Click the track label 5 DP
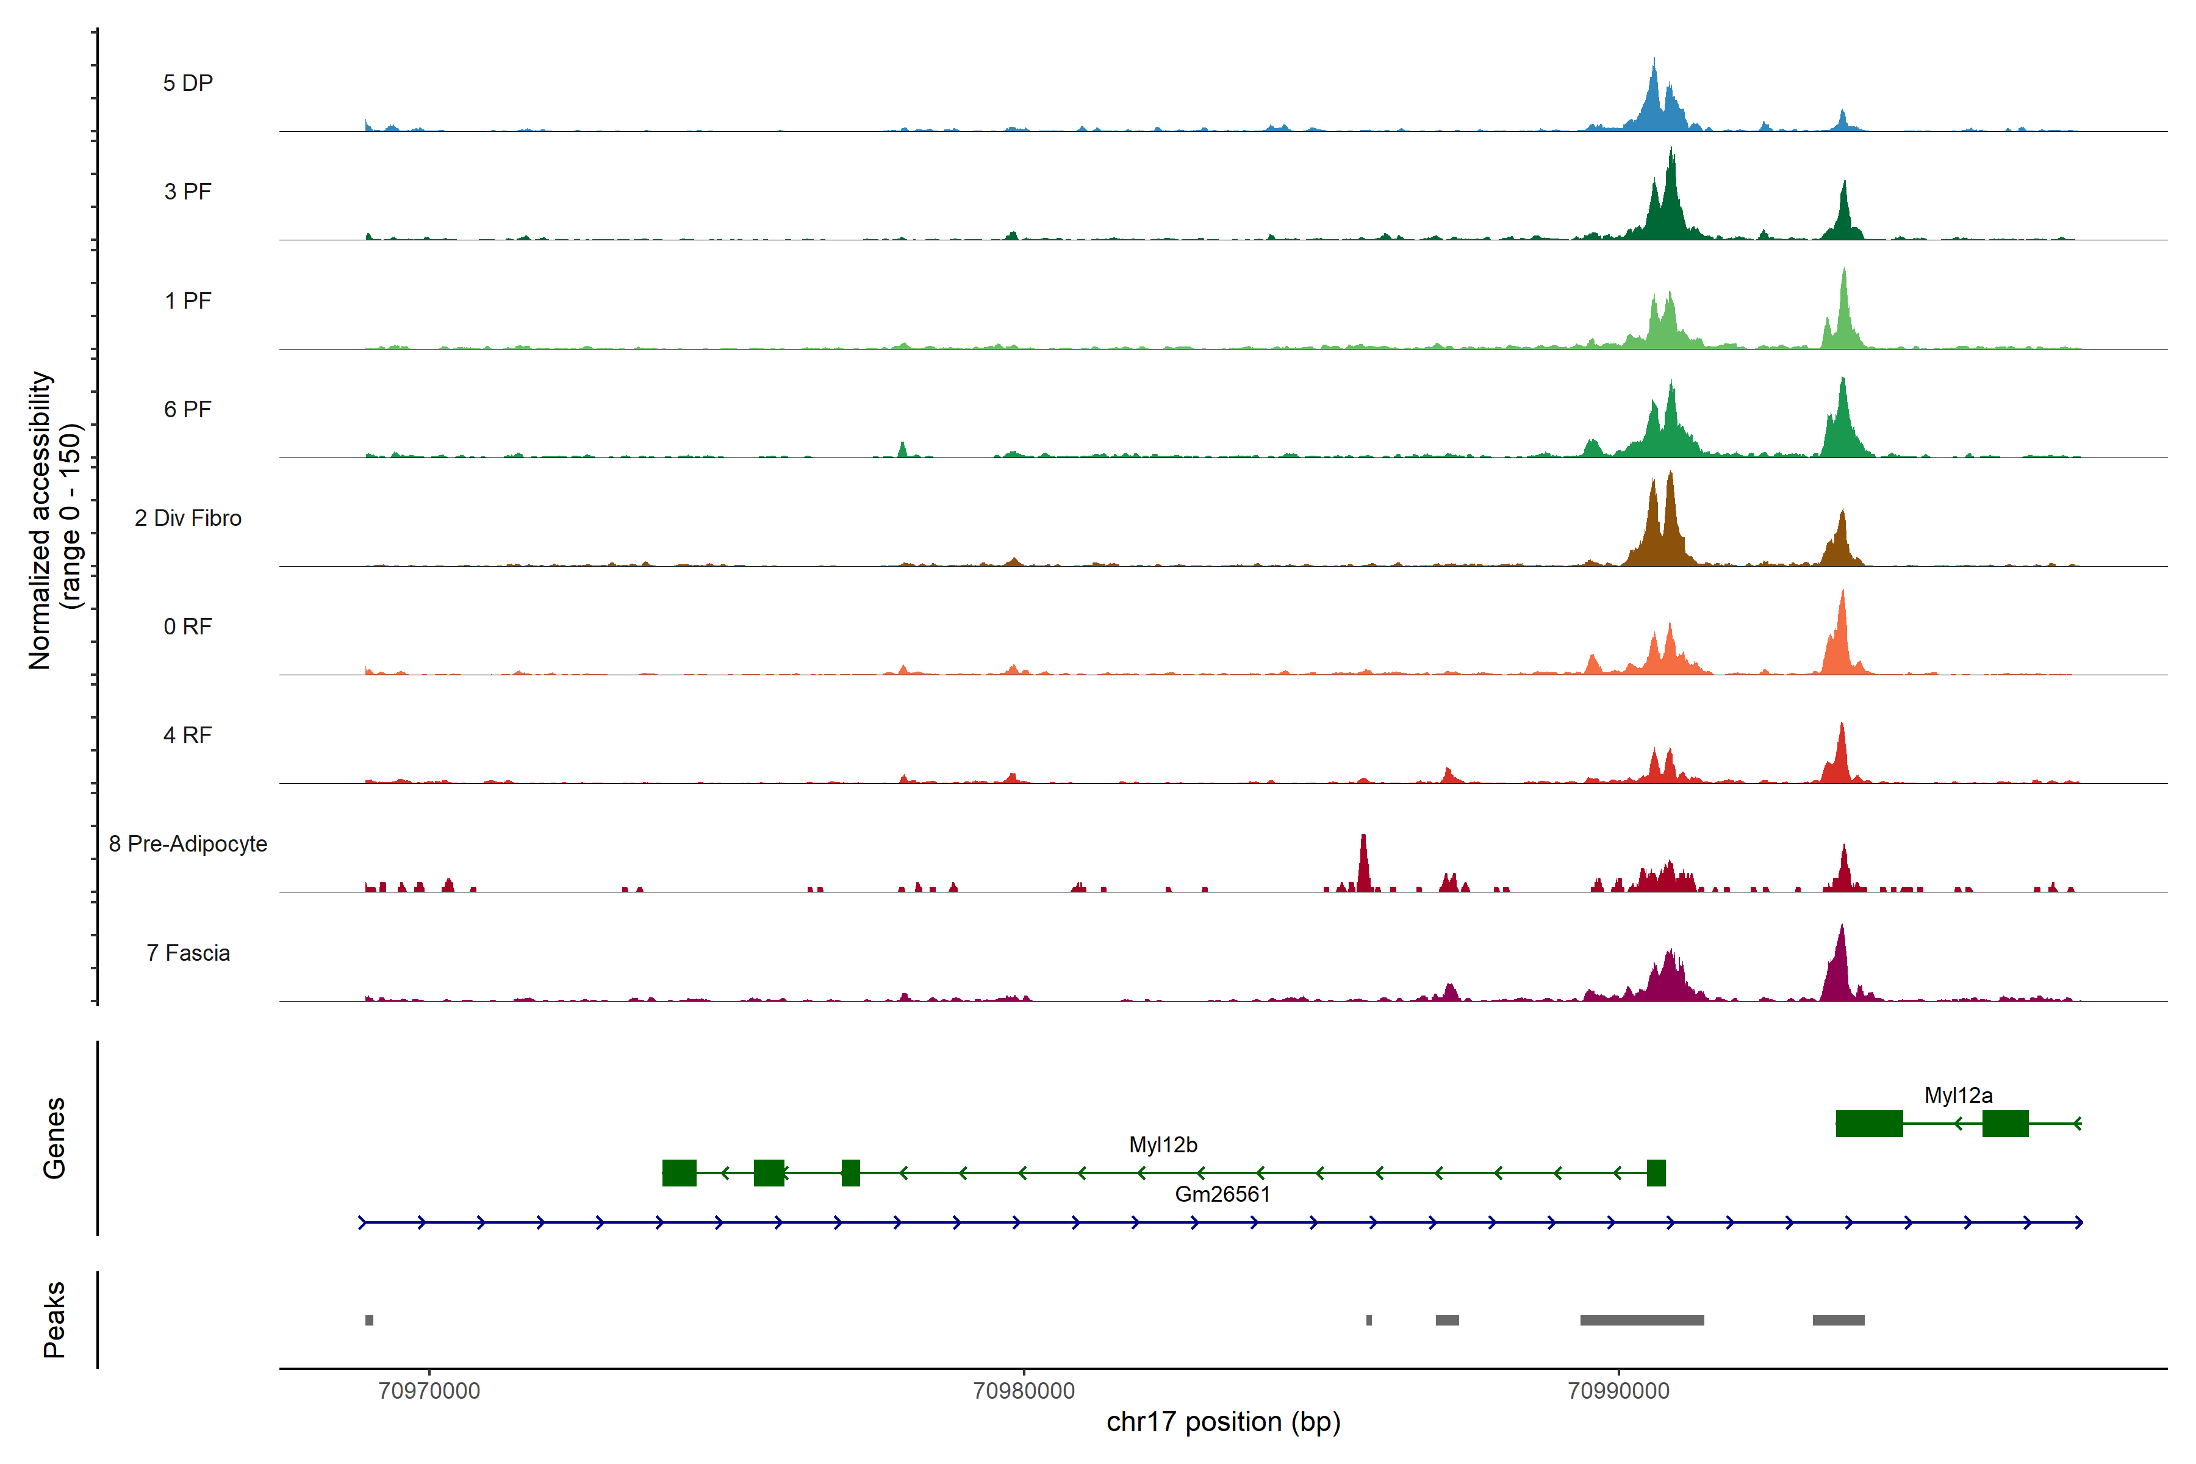click(x=188, y=83)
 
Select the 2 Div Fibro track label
click(x=188, y=518)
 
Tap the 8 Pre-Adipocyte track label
click(x=188, y=844)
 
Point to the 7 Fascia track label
click(x=188, y=953)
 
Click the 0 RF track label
click(x=188, y=626)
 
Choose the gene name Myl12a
click(x=1958, y=1095)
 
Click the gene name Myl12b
click(x=1163, y=1145)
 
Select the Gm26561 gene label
click(x=1222, y=1194)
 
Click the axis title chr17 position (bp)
click(x=1223, y=1422)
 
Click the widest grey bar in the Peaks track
click(x=1642, y=1320)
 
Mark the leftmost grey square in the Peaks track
click(x=370, y=1320)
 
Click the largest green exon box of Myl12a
click(x=1869, y=1123)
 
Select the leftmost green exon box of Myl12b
click(x=679, y=1172)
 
